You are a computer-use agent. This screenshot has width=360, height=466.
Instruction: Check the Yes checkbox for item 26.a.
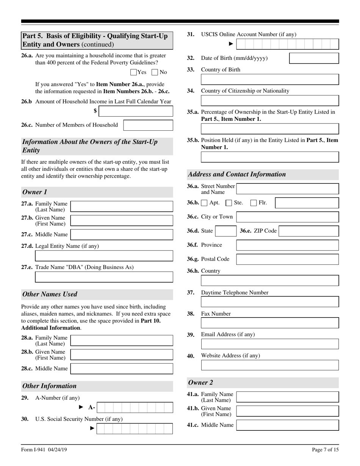pos(133,72)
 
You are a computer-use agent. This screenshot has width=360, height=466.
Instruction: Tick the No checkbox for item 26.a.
pos(155,72)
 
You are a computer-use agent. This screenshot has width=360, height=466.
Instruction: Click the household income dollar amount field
pos(137,111)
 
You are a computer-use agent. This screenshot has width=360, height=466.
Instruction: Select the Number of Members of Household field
pos(148,125)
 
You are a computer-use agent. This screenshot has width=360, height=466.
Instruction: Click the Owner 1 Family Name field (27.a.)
pos(122,206)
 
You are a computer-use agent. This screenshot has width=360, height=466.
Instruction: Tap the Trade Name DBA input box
pos(104,277)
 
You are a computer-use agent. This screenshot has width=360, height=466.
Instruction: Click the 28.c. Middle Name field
pos(122,369)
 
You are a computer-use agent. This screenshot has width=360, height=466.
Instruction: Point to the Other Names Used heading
pos(50,294)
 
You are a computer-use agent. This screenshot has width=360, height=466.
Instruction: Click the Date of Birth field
pos(314,58)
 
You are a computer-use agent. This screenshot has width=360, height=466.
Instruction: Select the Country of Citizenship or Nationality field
pos(269,100)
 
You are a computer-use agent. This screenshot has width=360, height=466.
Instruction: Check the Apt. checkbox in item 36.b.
pos(204,203)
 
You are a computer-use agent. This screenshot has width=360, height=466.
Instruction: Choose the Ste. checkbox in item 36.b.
pos(229,203)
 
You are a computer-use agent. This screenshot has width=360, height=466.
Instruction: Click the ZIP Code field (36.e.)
pos(308,231)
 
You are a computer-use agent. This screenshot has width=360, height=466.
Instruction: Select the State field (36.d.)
pos(226,231)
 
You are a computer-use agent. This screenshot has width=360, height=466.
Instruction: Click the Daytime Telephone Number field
pos(269,302)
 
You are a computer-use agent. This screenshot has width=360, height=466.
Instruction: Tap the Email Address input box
pos(269,344)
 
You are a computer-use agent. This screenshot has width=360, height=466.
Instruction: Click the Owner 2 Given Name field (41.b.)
pos(287,411)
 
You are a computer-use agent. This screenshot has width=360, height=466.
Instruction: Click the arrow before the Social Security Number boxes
pos(92,428)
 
